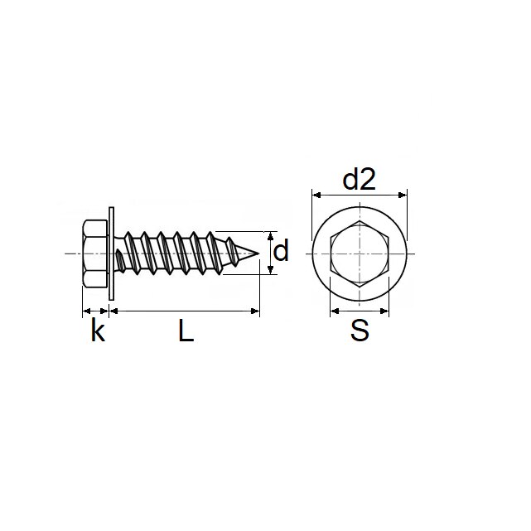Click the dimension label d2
pyautogui.click(x=359, y=178)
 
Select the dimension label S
pyautogui.click(x=359, y=331)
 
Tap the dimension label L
pyautogui.click(x=186, y=331)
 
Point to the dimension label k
pyautogui.click(x=98, y=331)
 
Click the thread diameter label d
pyautogui.click(x=282, y=250)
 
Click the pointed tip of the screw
pyautogui.click(x=258, y=253)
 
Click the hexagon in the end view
pyautogui.click(x=360, y=253)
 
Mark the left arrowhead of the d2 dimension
pyautogui.click(x=315, y=196)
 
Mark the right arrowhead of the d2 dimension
pyautogui.click(x=404, y=196)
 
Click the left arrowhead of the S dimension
pyautogui.click(x=334, y=311)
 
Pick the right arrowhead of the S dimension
pyautogui.click(x=385, y=311)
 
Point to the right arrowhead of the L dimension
pyautogui.click(x=256, y=311)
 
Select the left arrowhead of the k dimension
pyautogui.click(x=84, y=311)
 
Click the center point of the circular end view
pyautogui.click(x=360, y=253)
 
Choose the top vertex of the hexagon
pyautogui.click(x=360, y=221)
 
